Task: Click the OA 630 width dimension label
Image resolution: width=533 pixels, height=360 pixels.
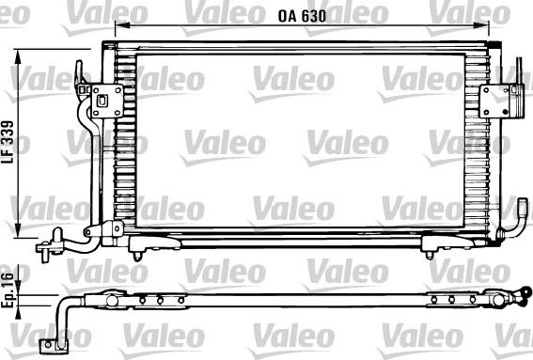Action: click(302, 16)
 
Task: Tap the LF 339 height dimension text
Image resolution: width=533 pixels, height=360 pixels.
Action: click(8, 142)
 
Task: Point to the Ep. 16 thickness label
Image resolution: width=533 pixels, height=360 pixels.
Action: click(8, 291)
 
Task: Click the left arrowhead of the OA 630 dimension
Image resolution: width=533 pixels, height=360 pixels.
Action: click(122, 24)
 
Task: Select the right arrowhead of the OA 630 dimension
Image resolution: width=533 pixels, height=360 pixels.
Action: click(481, 24)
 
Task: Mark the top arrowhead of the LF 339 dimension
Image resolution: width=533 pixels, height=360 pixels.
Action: click(19, 57)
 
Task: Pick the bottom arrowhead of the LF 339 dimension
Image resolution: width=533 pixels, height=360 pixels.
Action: click(19, 230)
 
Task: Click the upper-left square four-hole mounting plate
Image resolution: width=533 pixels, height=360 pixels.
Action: click(107, 101)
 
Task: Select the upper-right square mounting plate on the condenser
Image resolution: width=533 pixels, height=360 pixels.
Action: click(494, 102)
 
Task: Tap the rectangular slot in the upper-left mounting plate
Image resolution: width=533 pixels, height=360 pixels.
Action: click(102, 101)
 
